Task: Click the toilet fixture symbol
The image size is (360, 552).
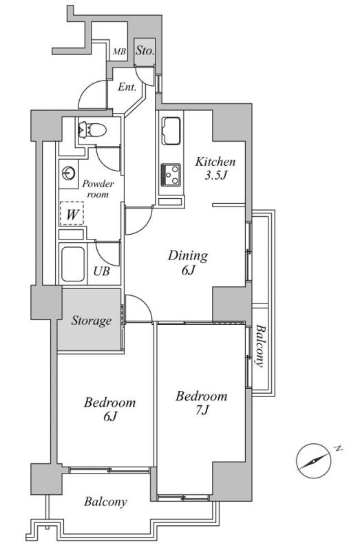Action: (93, 130)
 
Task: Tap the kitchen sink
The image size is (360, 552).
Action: (171, 131)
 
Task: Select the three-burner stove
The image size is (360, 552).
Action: (171, 175)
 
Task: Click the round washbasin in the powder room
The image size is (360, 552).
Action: (68, 173)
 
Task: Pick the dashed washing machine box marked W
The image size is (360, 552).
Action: (72, 213)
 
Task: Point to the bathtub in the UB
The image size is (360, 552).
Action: (73, 264)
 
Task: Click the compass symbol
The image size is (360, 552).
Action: (314, 460)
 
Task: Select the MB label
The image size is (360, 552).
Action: (119, 52)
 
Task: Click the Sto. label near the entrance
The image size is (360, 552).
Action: (145, 51)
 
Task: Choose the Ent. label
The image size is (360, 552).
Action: (127, 87)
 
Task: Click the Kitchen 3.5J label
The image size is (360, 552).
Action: (215, 168)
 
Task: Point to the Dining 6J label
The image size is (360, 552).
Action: (188, 262)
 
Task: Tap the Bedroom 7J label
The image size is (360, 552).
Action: (202, 403)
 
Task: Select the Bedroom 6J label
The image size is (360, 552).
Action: (110, 409)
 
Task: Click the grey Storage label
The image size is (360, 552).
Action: (92, 321)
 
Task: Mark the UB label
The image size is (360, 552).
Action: (102, 271)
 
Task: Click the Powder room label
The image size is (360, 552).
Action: (98, 189)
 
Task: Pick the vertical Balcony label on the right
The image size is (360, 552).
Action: (260, 346)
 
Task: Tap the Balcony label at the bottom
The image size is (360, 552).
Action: (105, 502)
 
